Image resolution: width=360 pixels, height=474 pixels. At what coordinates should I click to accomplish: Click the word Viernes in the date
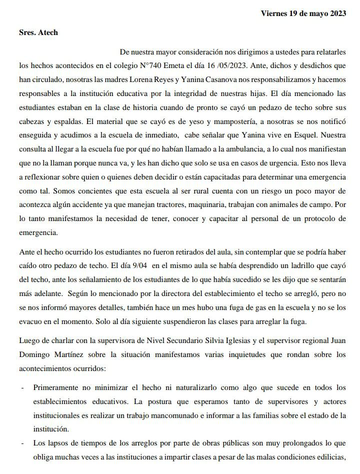(273, 14)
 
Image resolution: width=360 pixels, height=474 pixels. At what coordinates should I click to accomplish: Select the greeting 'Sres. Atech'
(38, 32)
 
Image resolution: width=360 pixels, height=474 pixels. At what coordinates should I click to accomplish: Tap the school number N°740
(151, 64)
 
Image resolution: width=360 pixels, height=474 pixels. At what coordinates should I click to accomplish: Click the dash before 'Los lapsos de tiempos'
(21, 443)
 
